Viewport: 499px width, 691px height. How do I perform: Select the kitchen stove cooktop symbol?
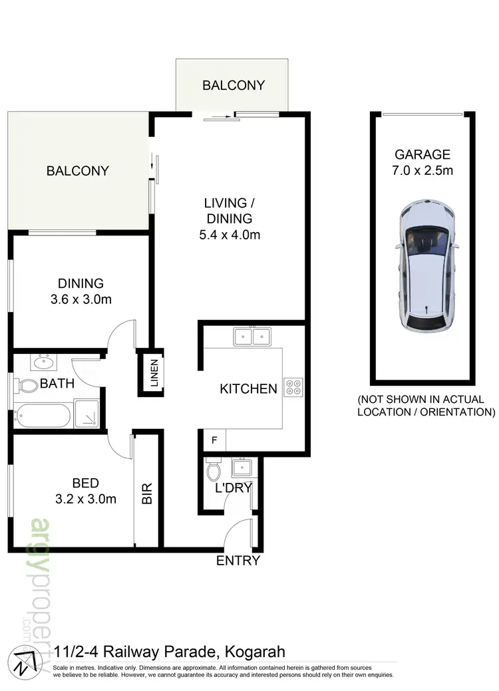pos(293,387)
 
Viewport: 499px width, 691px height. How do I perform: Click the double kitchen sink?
pos(252,337)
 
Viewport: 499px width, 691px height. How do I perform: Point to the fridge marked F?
pos(214,440)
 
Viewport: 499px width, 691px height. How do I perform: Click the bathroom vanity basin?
pos(44,363)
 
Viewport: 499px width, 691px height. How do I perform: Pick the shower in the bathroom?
pos(88,414)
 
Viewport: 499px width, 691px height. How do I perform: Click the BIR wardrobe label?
pos(147,491)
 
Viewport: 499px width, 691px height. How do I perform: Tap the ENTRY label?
pos(238,561)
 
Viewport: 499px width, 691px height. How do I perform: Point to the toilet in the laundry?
pos(214,471)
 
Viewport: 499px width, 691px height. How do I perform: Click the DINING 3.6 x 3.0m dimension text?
pos(81,299)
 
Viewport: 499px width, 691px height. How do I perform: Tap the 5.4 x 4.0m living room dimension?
pos(229,234)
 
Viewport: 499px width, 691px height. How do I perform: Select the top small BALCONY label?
pos(234,85)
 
